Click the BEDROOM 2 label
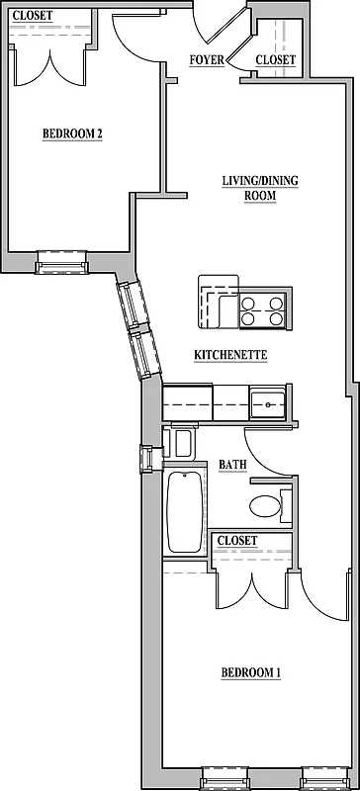[x=72, y=135]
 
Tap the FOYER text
[x=207, y=60]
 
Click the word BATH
[x=233, y=464]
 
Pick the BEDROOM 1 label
[x=250, y=672]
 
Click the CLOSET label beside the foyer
[x=275, y=60]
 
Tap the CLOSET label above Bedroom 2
[x=33, y=15]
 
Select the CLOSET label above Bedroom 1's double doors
[x=237, y=541]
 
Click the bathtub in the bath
[x=185, y=511]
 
